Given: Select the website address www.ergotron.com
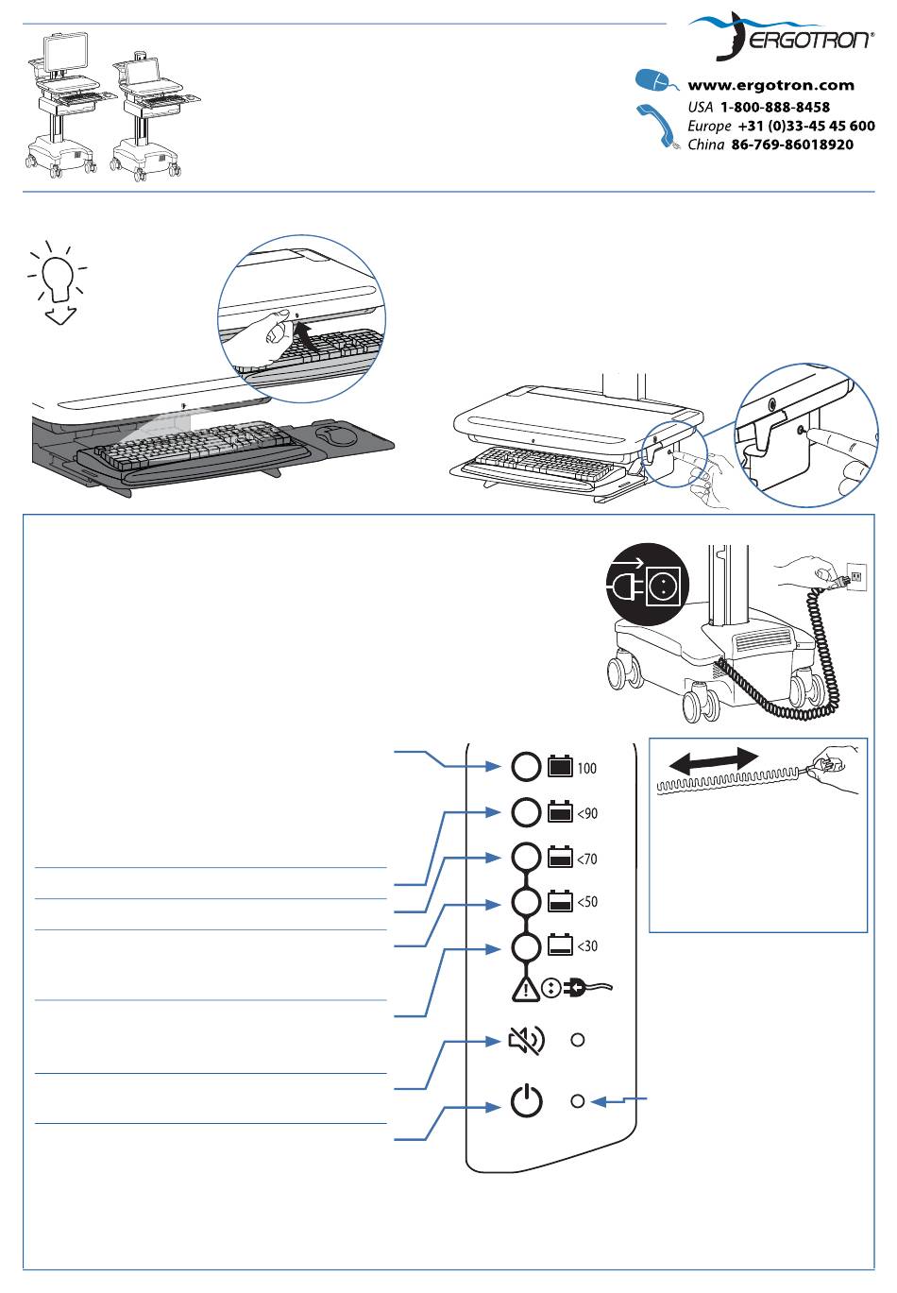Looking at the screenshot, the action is [770, 85].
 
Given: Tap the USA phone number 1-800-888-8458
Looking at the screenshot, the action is [774, 107].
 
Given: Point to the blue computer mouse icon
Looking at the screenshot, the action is [656, 81].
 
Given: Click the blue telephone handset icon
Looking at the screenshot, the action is [657, 127].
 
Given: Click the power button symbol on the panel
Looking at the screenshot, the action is [527, 1100].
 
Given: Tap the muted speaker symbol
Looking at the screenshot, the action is [526, 1041].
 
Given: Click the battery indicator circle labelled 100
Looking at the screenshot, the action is [527, 767].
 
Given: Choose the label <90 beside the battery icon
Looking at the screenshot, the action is [587, 813].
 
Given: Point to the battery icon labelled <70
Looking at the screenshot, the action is [560, 858].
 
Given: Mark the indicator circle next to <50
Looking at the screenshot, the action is [527, 902].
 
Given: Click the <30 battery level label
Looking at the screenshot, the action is [587, 946].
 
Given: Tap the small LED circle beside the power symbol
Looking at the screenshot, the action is [577, 1101].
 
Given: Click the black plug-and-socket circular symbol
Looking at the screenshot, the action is [648, 584].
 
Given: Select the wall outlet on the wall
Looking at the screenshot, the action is [856, 576].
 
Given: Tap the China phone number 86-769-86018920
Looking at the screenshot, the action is [792, 145].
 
